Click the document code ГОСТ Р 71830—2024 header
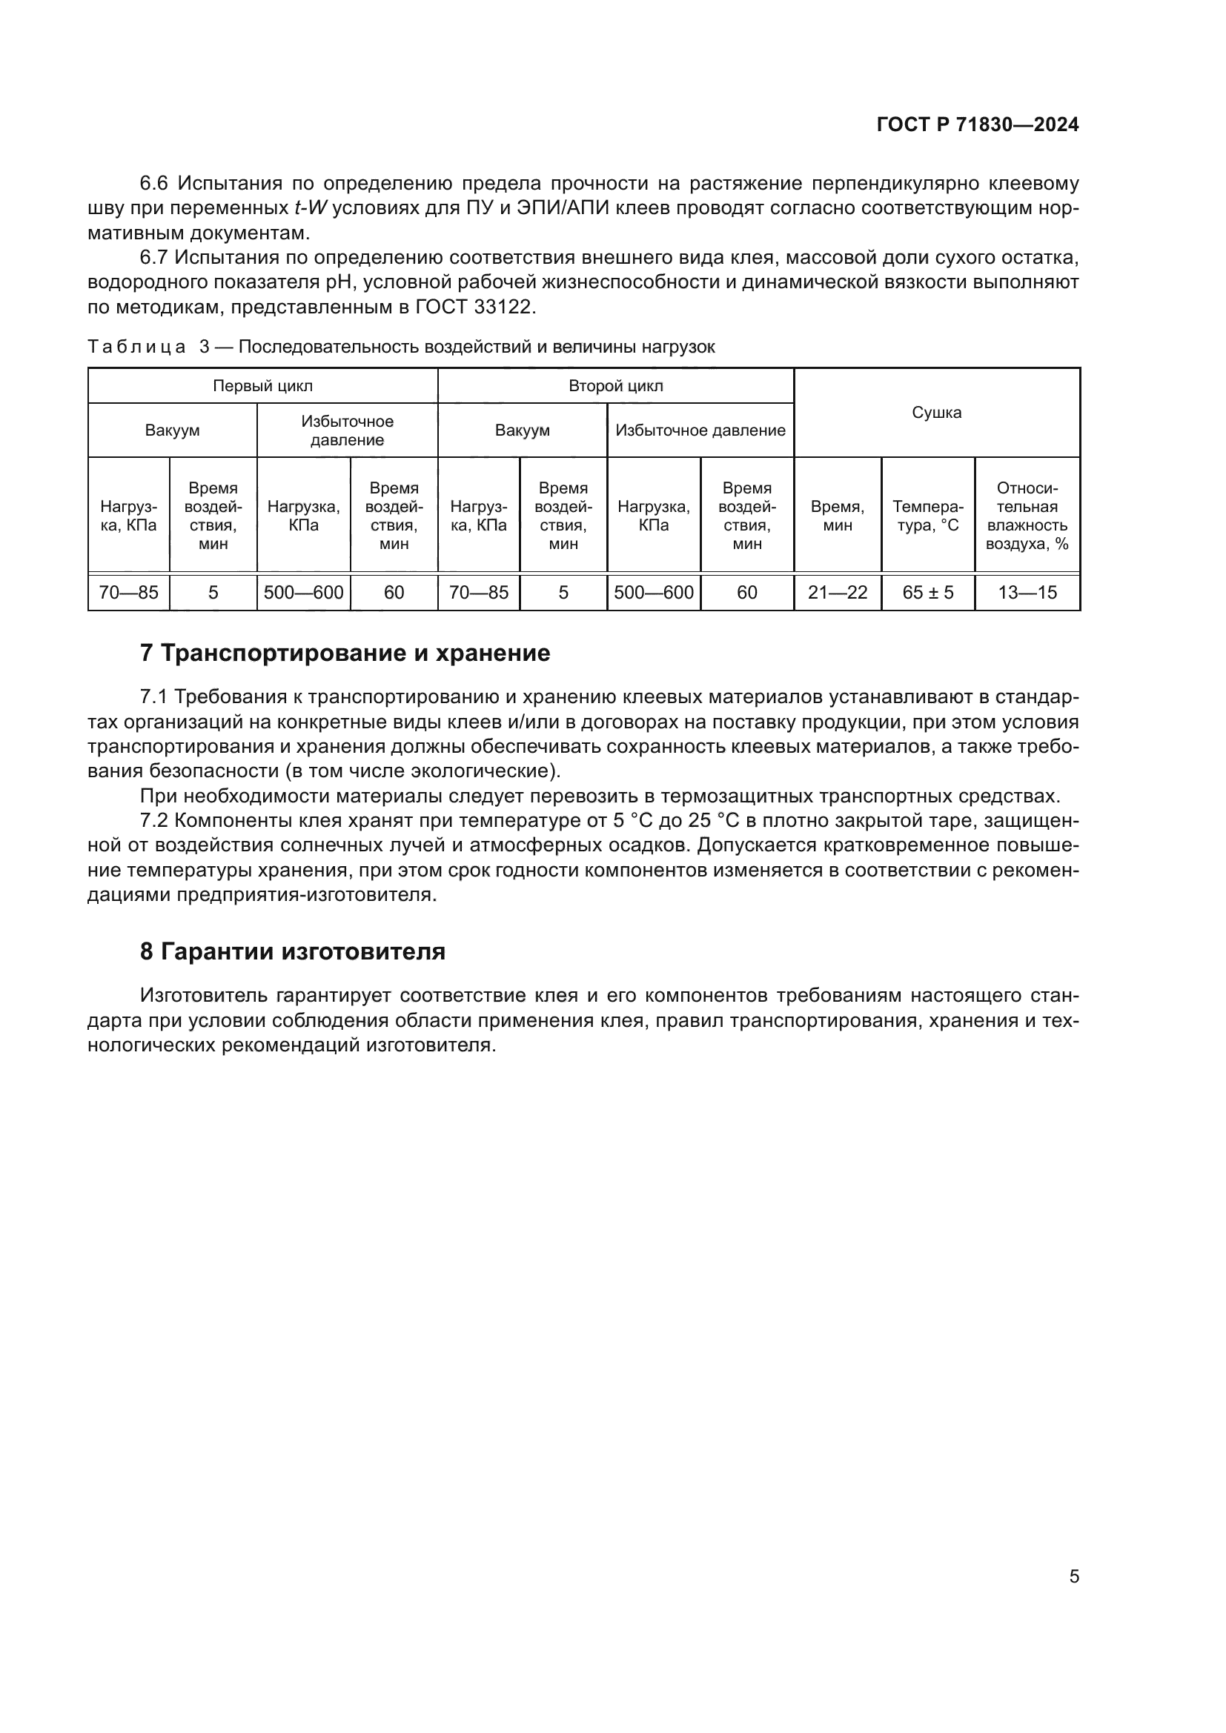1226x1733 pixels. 978,124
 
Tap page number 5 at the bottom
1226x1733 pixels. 1074,1576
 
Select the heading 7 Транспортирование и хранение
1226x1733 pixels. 345,653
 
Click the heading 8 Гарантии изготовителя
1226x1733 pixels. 292,951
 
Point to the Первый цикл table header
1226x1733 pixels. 262,386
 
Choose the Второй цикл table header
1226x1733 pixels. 615,386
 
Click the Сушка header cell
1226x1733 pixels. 936,412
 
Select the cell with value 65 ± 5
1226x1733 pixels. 928,593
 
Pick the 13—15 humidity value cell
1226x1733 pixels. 1027,593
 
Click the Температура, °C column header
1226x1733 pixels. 928,516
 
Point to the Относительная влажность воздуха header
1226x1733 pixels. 1027,516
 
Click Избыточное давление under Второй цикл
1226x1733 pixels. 700,430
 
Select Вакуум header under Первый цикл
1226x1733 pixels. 172,430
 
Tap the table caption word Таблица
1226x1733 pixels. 136,347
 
